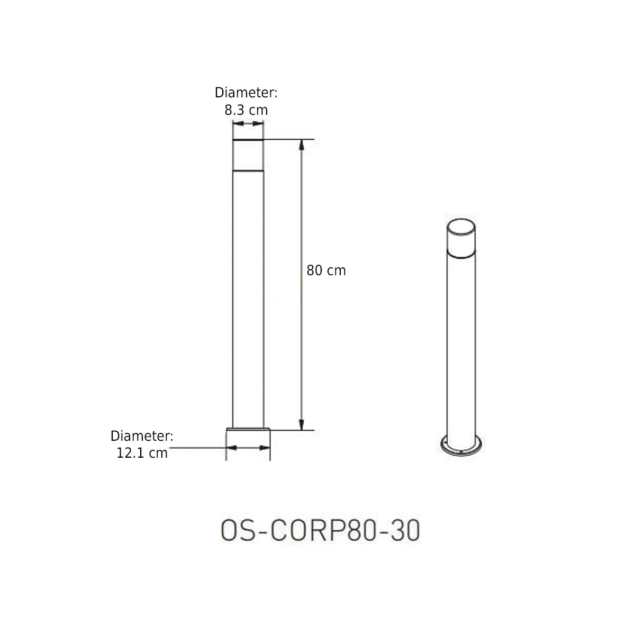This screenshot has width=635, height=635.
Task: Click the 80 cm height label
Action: [326, 270]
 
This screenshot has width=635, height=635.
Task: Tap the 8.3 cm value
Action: [246, 110]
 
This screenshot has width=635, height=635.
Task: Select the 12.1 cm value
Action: [142, 453]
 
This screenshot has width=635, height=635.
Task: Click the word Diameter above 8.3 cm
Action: [246, 93]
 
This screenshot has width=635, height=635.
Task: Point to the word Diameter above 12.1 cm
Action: [142, 436]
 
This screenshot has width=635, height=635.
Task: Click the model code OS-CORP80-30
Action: [320, 530]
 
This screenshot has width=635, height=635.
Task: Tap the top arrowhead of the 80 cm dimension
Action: [301, 145]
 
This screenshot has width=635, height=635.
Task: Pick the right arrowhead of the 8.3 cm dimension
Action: [258, 124]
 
